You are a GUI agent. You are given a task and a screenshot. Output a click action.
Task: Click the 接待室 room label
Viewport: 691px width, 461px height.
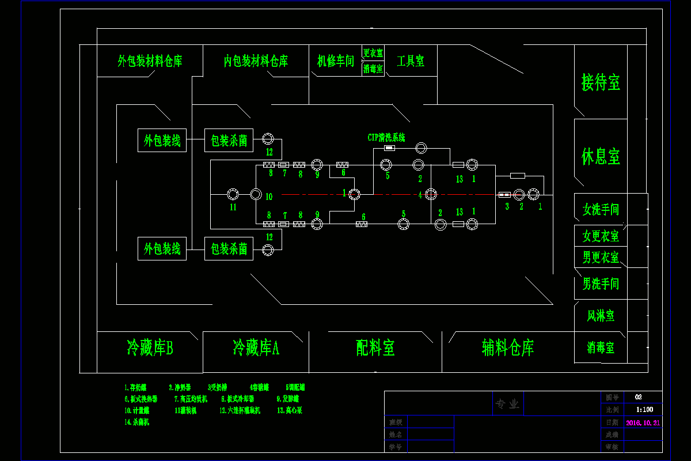[x=601, y=82]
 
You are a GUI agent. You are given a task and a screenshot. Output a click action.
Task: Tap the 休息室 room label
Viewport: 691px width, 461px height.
[x=601, y=156]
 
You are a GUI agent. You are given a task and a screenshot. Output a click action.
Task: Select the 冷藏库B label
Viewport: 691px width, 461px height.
[x=150, y=348]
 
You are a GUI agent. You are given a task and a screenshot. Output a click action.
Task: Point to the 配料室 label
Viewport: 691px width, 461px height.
[x=375, y=348]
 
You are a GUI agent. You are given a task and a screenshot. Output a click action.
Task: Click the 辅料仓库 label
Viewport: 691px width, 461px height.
[x=508, y=347]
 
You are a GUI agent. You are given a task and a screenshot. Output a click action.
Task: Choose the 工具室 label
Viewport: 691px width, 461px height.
[x=411, y=61]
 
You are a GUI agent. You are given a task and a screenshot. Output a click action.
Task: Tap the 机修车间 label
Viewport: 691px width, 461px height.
[x=336, y=61]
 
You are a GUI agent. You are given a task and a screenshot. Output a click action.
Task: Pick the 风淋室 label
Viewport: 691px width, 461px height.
[x=601, y=316]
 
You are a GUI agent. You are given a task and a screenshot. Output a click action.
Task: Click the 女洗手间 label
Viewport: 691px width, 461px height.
[x=601, y=209]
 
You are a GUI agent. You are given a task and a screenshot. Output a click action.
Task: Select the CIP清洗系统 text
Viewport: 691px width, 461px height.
[x=386, y=138]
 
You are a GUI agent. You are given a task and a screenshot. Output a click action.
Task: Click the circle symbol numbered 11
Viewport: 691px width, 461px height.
[x=233, y=194]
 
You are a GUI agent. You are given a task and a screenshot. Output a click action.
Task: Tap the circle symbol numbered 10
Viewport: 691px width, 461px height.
[x=256, y=194]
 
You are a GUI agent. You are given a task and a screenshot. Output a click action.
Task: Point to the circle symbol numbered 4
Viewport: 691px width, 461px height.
[x=431, y=194]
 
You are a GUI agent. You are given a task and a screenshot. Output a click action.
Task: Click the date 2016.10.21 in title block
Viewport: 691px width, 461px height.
[x=643, y=422]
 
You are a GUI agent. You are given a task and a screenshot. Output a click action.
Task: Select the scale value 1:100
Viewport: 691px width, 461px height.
[x=644, y=410]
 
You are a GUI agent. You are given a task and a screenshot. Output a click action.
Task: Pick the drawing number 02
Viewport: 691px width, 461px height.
[x=638, y=397]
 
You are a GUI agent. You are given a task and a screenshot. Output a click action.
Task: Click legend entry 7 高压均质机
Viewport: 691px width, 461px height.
[x=191, y=399]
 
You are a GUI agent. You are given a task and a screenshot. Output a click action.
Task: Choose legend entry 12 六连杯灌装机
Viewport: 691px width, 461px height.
[x=240, y=410]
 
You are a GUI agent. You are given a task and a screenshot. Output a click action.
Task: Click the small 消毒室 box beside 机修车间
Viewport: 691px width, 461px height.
[x=373, y=69]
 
